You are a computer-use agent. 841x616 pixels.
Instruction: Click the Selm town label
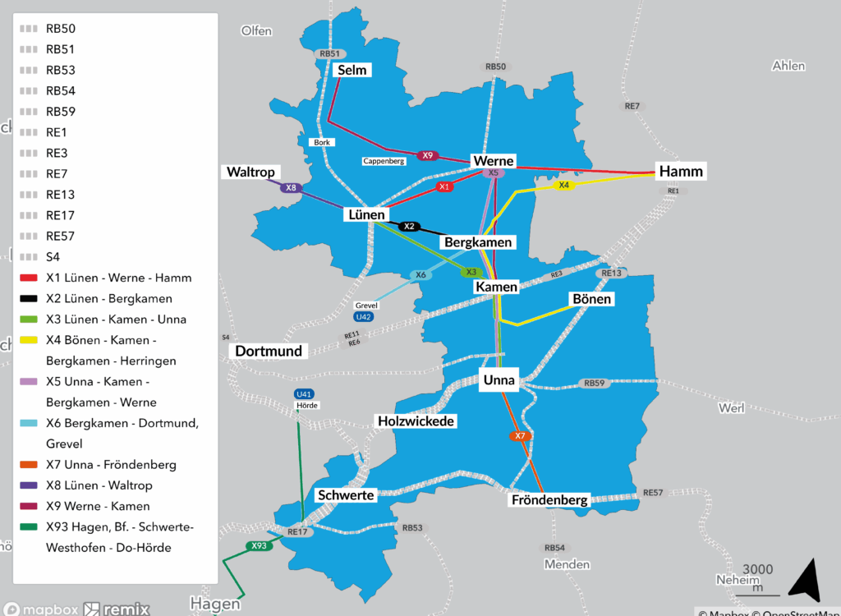(352, 71)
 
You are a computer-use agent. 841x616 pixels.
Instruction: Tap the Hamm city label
(681, 172)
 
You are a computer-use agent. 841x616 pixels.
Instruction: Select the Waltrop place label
(250, 172)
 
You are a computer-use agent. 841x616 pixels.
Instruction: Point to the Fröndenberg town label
(549, 499)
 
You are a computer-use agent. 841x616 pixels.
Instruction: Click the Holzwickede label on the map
(416, 421)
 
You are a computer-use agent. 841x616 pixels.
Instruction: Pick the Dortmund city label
(269, 351)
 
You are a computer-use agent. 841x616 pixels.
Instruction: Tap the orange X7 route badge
(519, 436)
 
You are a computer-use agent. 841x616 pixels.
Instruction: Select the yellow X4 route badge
(563, 186)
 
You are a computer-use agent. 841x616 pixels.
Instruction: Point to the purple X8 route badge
(290, 188)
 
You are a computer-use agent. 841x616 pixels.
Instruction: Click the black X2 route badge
(410, 226)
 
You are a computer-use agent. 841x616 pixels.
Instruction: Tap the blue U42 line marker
(362, 316)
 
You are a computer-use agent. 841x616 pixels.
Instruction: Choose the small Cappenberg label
(384, 161)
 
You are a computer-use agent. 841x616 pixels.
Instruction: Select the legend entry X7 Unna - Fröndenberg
(111, 465)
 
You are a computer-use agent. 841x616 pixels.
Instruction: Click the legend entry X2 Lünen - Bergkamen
(108, 298)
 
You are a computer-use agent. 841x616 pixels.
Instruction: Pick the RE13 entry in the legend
(61, 195)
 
